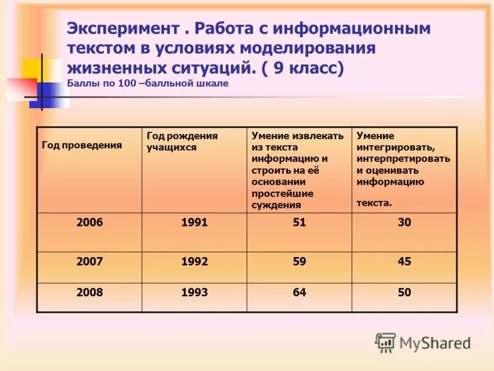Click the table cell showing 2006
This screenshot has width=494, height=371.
(90, 223)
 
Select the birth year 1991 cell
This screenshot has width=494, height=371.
(195, 223)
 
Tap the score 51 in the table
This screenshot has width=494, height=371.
(299, 223)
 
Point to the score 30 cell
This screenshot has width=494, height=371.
(404, 223)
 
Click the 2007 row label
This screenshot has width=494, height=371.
(90, 262)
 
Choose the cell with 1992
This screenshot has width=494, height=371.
(195, 262)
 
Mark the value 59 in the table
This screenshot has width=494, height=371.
(299, 262)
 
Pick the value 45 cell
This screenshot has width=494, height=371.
(404, 262)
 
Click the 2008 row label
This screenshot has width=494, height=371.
(90, 292)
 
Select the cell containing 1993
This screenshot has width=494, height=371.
(195, 292)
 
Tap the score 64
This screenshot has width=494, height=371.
(299, 292)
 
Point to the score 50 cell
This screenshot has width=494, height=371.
(404, 292)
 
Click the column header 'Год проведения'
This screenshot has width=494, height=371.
(82, 145)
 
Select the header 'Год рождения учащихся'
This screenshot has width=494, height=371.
(182, 141)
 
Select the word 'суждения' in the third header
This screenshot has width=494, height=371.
(276, 205)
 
